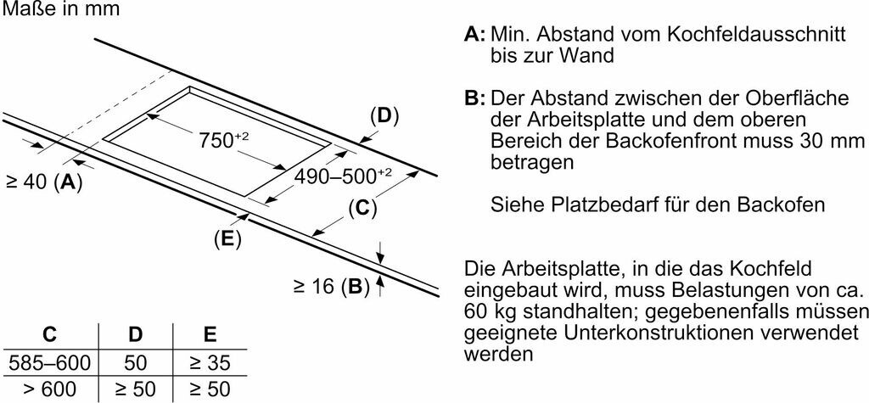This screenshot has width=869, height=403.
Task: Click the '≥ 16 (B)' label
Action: click(332, 287)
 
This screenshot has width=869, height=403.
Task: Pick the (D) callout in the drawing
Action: click(384, 116)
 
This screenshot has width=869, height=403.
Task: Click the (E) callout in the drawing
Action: click(227, 238)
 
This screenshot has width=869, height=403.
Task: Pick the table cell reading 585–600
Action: click(48, 363)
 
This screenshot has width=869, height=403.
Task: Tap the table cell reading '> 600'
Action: click(48, 389)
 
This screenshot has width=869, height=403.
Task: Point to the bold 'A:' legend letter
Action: click(474, 35)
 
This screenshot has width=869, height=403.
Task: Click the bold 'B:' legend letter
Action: click(474, 98)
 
